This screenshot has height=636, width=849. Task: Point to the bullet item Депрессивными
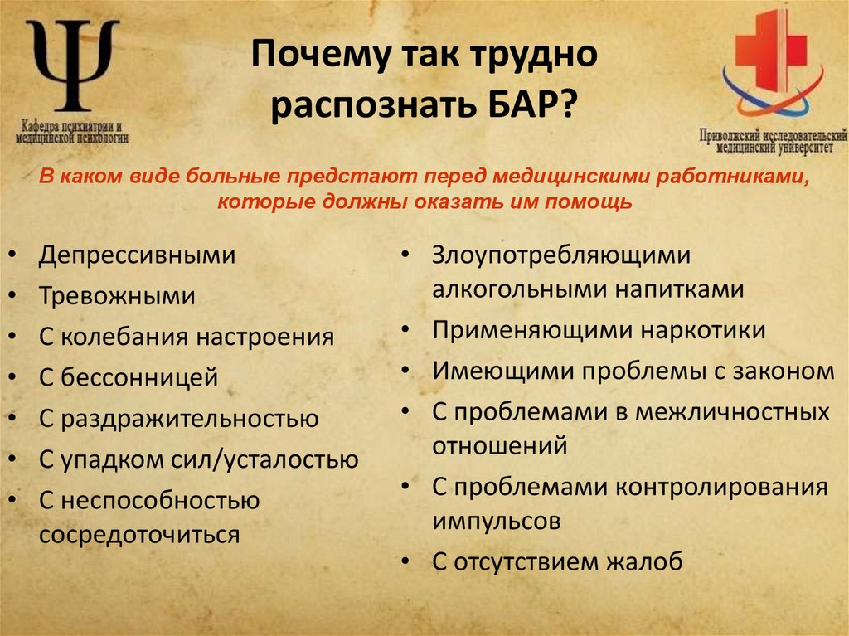[137, 255]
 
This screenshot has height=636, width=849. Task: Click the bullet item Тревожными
[117, 296]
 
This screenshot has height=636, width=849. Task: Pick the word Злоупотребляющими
[560, 255]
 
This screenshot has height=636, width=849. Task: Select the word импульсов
[496, 522]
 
